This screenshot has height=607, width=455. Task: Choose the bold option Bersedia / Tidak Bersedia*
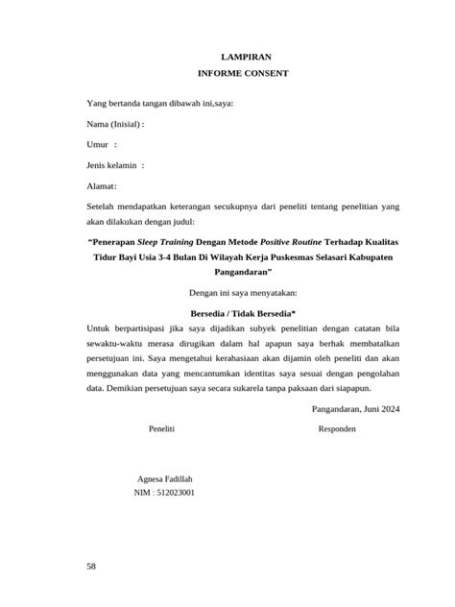click(243, 312)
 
